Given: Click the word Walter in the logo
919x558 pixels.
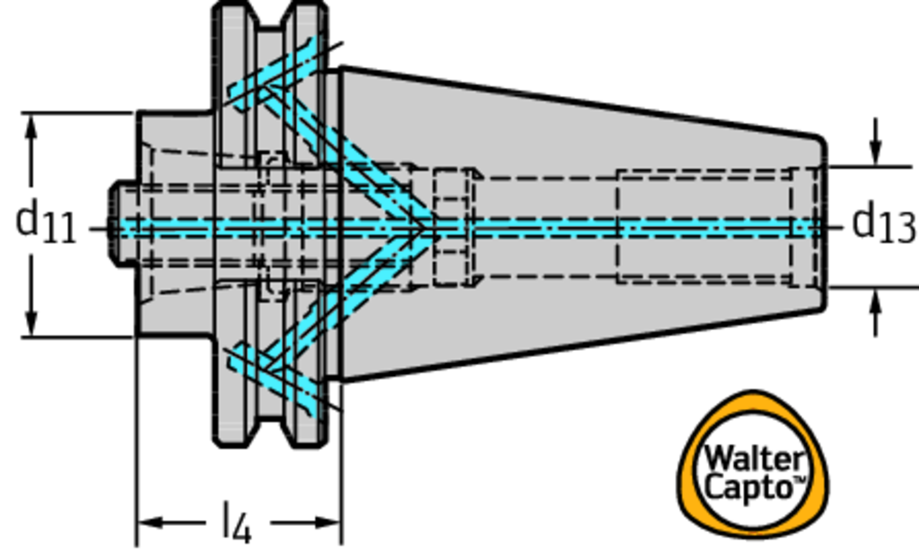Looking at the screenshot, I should click(x=752, y=458).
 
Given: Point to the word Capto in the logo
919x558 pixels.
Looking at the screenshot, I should click(x=750, y=487).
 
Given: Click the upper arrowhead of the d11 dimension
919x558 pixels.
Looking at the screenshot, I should click(x=33, y=126).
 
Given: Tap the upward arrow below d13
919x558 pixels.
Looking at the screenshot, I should click(x=875, y=305).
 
